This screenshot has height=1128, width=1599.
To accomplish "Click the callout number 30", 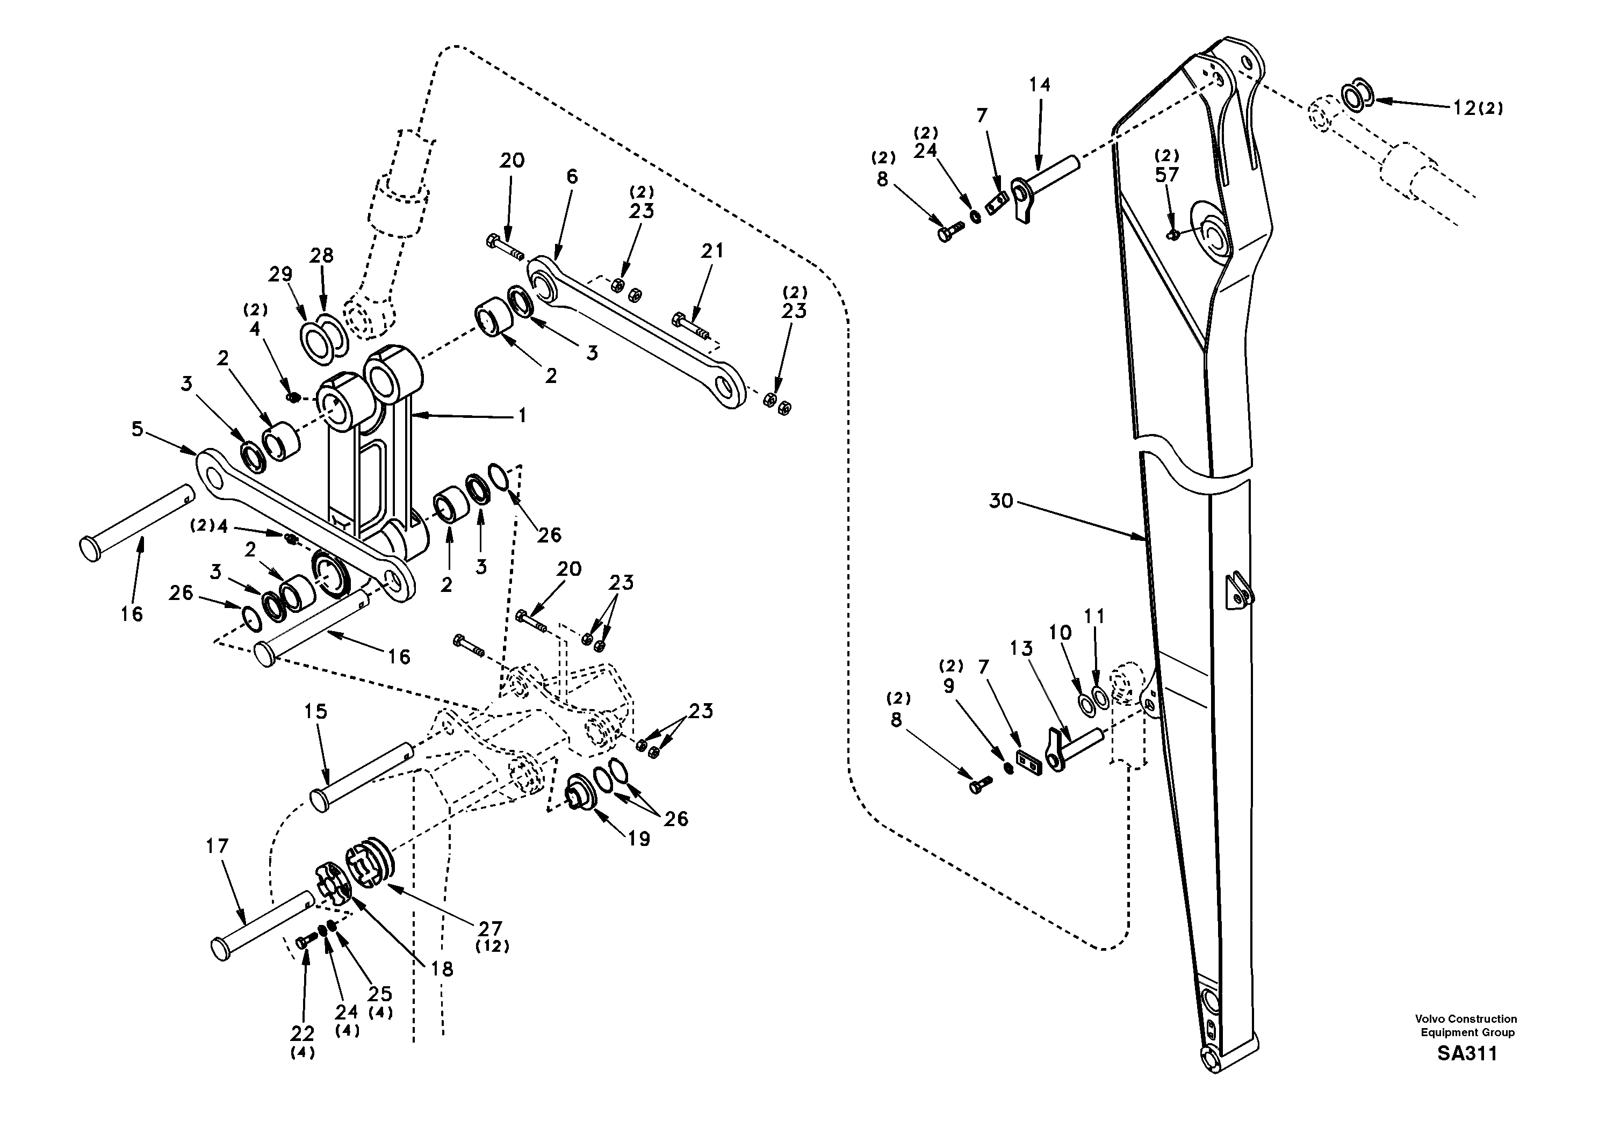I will click(1001, 501).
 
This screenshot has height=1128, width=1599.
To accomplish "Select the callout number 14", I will click(1040, 85).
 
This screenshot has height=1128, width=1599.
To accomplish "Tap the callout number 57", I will click(1166, 175).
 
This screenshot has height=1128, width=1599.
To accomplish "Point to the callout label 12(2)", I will click(1477, 108).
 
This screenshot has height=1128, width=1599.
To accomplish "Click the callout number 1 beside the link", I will click(522, 416).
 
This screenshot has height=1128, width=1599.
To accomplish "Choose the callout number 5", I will click(137, 429).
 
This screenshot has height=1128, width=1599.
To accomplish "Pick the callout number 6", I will click(572, 176).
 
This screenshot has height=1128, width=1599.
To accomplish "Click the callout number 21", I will click(712, 251).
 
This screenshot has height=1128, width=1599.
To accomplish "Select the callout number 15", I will click(315, 712).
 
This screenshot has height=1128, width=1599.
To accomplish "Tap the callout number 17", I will click(217, 846).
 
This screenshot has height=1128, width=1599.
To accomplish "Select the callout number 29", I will click(280, 274).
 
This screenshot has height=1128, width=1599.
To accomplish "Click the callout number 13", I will click(1021, 648).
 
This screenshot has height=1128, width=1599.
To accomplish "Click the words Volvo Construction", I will click(1465, 1018).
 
